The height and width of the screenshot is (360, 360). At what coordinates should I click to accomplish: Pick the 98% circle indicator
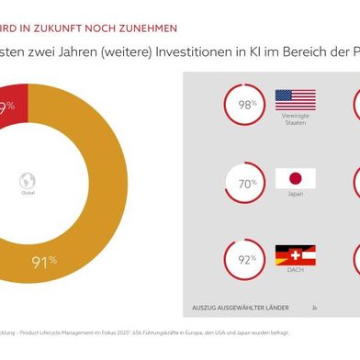pyautogui.click(x=244, y=106)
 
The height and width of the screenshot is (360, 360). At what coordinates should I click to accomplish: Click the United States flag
pyautogui.click(x=295, y=100)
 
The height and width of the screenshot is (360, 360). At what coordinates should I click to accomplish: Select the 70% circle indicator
pyautogui.click(x=244, y=183)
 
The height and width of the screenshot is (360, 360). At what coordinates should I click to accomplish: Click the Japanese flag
pyautogui.click(x=295, y=178)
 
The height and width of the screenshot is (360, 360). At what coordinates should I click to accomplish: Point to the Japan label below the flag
pyautogui.click(x=295, y=195)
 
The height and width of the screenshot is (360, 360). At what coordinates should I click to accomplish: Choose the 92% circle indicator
pyautogui.click(x=244, y=259)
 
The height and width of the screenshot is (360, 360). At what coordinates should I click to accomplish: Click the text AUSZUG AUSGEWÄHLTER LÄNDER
pyautogui.click(x=241, y=306)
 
